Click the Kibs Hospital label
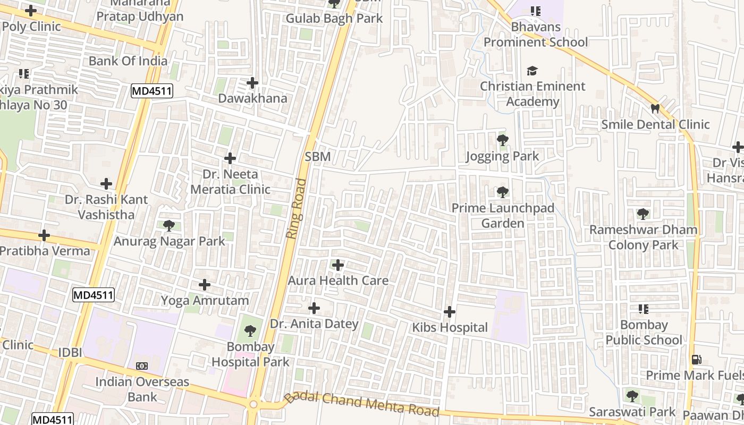pos(450,327)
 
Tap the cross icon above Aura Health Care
pos(337,265)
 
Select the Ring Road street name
pos(297,208)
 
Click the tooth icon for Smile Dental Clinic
pos(655,108)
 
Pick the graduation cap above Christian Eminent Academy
pos(532,71)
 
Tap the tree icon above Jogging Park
pos(502,140)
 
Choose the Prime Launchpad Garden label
pos(503,215)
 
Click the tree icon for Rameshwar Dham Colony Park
pos(643,214)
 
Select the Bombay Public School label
pos(644,332)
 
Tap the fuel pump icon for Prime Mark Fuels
pos(696,360)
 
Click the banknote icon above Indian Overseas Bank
pos(142,366)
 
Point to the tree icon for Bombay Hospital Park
pos(250,331)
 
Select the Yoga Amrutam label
pos(205,301)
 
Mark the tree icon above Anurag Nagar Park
pos(169,226)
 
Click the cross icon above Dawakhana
pos(252,83)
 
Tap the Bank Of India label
pos(128,61)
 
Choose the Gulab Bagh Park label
pos(334,18)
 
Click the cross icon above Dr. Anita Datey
pos(314,308)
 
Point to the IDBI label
pos(70,352)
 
